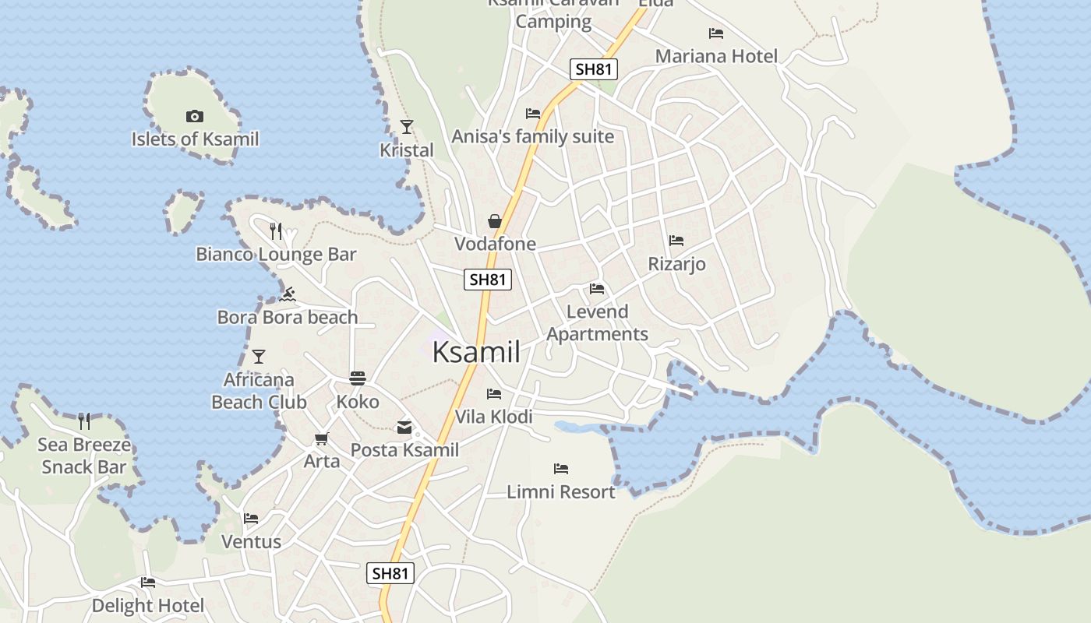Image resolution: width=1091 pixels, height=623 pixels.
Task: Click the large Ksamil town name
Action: click(x=475, y=352)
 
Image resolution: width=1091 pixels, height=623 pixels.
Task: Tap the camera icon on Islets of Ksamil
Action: click(x=195, y=117)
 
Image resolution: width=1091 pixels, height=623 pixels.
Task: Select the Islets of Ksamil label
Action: click(x=195, y=139)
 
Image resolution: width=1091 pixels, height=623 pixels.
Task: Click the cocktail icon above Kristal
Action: click(x=406, y=126)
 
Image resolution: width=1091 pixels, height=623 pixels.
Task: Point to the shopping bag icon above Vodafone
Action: click(x=495, y=222)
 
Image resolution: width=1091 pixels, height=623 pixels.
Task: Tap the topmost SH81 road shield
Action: click(x=594, y=69)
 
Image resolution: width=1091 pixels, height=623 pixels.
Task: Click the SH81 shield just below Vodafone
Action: click(x=488, y=280)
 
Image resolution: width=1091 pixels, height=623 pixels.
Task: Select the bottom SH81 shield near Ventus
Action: click(x=390, y=574)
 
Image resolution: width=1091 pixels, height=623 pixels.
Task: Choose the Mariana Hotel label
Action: click(x=716, y=56)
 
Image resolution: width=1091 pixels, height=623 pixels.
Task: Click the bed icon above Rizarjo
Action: click(x=676, y=241)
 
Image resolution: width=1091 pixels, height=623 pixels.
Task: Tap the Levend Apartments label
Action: click(x=597, y=322)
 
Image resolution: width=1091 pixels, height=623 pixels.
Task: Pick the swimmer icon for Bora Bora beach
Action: click(x=288, y=294)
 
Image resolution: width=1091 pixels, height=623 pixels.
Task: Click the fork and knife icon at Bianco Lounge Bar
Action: click(x=275, y=231)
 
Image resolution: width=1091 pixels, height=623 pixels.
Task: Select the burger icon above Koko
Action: click(x=358, y=378)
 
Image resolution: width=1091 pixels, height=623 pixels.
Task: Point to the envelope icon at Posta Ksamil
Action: click(x=404, y=427)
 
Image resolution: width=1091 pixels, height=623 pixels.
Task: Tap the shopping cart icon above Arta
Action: click(x=322, y=439)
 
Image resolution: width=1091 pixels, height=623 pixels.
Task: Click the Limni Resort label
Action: click(x=561, y=492)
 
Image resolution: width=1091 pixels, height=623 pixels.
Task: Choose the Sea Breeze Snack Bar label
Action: click(x=84, y=456)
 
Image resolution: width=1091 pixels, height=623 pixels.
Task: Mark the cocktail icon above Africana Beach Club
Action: click(x=259, y=357)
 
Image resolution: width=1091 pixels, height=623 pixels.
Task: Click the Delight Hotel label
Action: click(x=148, y=605)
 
